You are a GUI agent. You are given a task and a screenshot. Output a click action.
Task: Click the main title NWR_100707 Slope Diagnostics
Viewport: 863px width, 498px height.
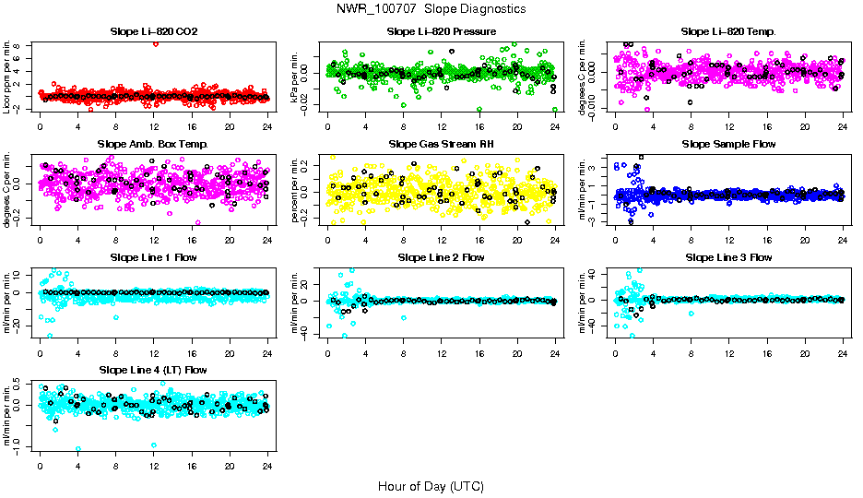[431, 9]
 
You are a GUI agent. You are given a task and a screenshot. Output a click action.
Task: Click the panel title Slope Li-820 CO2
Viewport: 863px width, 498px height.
[153, 31]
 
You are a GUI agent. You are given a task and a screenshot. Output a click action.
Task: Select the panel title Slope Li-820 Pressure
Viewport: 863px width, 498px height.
[442, 31]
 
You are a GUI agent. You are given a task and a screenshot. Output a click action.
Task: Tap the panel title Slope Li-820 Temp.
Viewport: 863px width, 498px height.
[728, 31]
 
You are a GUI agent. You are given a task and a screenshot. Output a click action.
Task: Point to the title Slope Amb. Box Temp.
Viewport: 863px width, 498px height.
[153, 144]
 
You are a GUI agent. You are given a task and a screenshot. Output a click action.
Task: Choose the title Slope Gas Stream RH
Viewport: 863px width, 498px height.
[442, 144]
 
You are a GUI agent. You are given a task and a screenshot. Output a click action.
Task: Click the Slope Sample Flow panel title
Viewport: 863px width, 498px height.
[728, 144]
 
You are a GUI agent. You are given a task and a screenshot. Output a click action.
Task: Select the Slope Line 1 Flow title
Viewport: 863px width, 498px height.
[153, 257]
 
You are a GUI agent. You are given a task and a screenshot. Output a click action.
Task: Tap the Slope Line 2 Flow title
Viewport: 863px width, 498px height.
[442, 257]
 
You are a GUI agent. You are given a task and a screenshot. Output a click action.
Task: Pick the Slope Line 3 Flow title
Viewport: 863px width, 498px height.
[728, 257]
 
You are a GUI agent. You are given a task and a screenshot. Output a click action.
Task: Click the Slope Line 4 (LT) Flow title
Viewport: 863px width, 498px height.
[153, 370]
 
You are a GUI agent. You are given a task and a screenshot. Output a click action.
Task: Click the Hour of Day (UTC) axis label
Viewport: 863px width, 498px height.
[431, 485]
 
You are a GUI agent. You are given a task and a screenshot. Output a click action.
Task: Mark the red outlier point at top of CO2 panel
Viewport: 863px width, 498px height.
[156, 43]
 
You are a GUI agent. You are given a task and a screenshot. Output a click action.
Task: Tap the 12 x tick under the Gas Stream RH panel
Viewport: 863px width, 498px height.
[442, 239]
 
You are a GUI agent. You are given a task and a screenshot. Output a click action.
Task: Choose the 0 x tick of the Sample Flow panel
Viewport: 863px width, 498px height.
[615, 239]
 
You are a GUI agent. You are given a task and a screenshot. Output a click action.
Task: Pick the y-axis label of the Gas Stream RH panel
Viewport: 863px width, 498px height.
[295, 190]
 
